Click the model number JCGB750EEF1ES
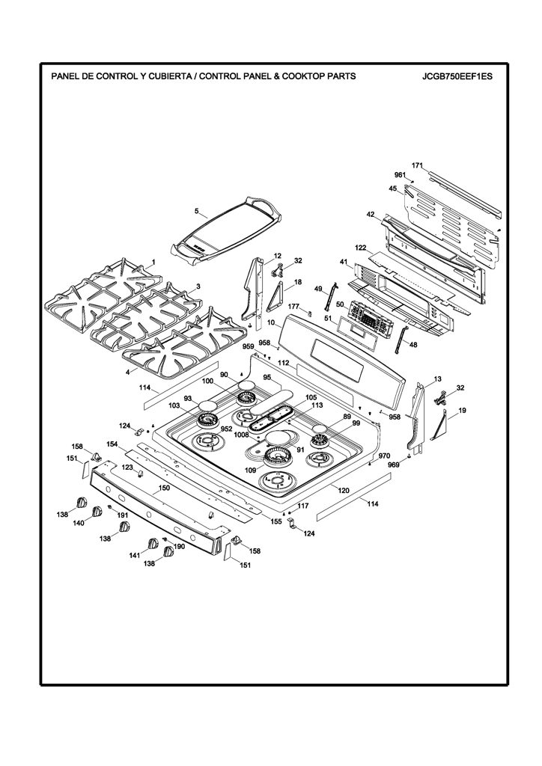tap(458, 76)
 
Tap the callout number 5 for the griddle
tap(197, 211)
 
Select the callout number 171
tap(417, 165)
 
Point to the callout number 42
tap(371, 214)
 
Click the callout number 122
tap(361, 248)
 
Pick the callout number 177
tap(293, 306)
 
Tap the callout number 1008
tap(242, 435)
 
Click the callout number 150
tap(164, 488)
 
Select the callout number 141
tap(135, 555)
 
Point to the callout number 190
tap(179, 547)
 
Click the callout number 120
tap(344, 490)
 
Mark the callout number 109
tap(250, 470)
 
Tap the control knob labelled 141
tap(153, 544)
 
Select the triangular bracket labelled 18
tap(276, 296)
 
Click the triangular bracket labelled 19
tap(441, 426)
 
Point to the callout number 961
tap(401, 175)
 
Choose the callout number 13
tap(437, 379)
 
